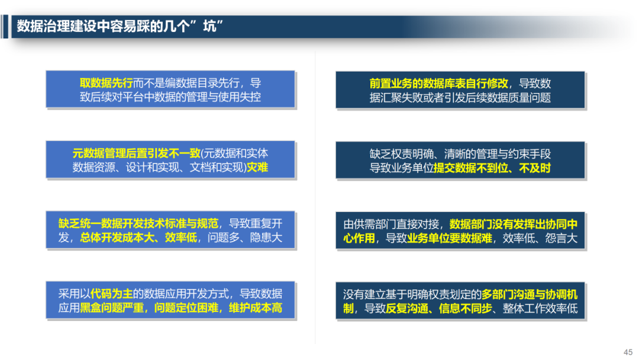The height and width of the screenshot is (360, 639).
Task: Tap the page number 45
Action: [x=628, y=351]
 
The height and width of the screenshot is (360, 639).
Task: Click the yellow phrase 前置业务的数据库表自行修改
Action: [x=438, y=83]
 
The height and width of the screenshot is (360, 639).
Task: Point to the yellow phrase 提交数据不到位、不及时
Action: [x=492, y=168]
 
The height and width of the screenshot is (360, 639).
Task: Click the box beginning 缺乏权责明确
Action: [x=460, y=160]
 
